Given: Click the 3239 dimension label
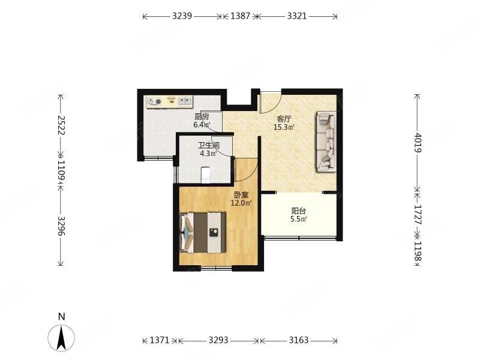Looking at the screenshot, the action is [x=182, y=16].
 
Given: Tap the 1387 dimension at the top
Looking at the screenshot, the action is [x=241, y=16].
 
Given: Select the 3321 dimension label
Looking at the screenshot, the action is [x=296, y=16].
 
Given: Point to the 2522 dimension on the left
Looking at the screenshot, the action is [x=61, y=125].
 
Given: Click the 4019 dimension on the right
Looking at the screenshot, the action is [x=418, y=142].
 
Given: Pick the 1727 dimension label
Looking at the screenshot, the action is [x=418, y=214].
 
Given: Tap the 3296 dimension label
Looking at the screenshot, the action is [x=61, y=226].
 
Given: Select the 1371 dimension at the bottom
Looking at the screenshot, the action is [x=159, y=340].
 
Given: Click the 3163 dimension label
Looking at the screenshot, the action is [x=298, y=340].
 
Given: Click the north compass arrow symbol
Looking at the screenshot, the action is [x=61, y=338].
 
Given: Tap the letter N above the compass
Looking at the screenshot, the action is [x=62, y=317].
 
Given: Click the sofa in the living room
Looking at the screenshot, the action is [x=326, y=142].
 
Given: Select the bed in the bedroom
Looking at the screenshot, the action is [x=203, y=233].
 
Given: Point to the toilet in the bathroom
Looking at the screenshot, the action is [x=206, y=175].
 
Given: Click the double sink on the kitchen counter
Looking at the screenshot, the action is [x=185, y=101].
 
